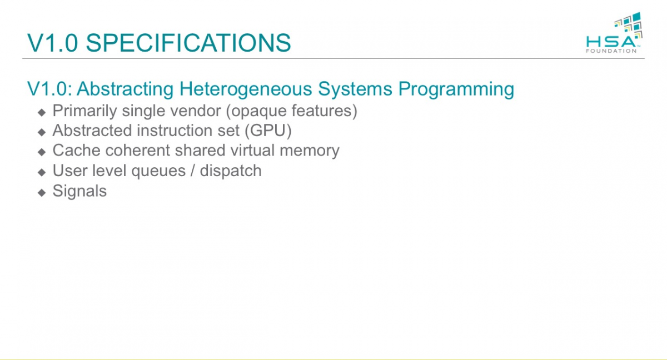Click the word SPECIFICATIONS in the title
click(188, 43)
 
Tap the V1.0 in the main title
click(52, 43)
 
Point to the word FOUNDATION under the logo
click(611, 51)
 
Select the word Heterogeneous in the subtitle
click(246, 89)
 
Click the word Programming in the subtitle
click(456, 89)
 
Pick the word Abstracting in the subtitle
click(125, 89)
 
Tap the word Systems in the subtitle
click(355, 89)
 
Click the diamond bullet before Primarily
click(42, 112)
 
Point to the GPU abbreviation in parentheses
click(268, 131)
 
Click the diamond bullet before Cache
click(42, 152)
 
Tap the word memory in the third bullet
click(310, 151)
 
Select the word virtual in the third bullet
click(252, 150)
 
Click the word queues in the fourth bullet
click(158, 171)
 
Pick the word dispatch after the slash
click(231, 171)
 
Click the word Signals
click(79, 191)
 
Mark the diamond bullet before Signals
click(42, 192)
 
